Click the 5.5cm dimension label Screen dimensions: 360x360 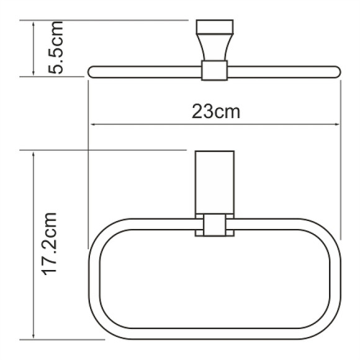58,48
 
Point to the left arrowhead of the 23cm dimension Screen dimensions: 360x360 94,125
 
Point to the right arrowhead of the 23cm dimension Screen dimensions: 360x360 337,125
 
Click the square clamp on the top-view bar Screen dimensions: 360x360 215,71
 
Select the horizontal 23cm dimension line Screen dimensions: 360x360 155,125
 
